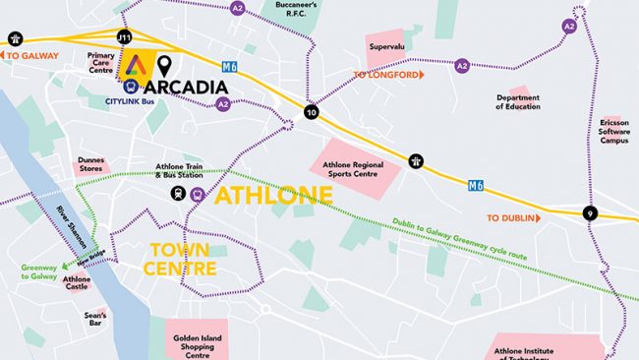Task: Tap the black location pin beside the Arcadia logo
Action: pyautogui.click(x=164, y=66)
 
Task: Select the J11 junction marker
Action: pyautogui.click(x=124, y=36)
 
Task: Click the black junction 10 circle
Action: pyautogui.click(x=312, y=112)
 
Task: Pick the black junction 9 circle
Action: pyautogui.click(x=590, y=213)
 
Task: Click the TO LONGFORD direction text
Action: pyautogui.click(x=387, y=74)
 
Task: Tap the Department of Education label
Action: pyautogui.click(x=518, y=101)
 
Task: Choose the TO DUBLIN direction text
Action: pyautogui.click(x=509, y=218)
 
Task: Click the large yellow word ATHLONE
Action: pyautogui.click(x=273, y=195)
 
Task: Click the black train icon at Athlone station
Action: pyautogui.click(x=178, y=194)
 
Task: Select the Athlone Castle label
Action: pyautogui.click(x=77, y=284)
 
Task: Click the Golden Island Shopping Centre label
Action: pyautogui.click(x=202, y=344)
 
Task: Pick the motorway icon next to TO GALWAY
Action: pyautogui.click(x=15, y=38)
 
